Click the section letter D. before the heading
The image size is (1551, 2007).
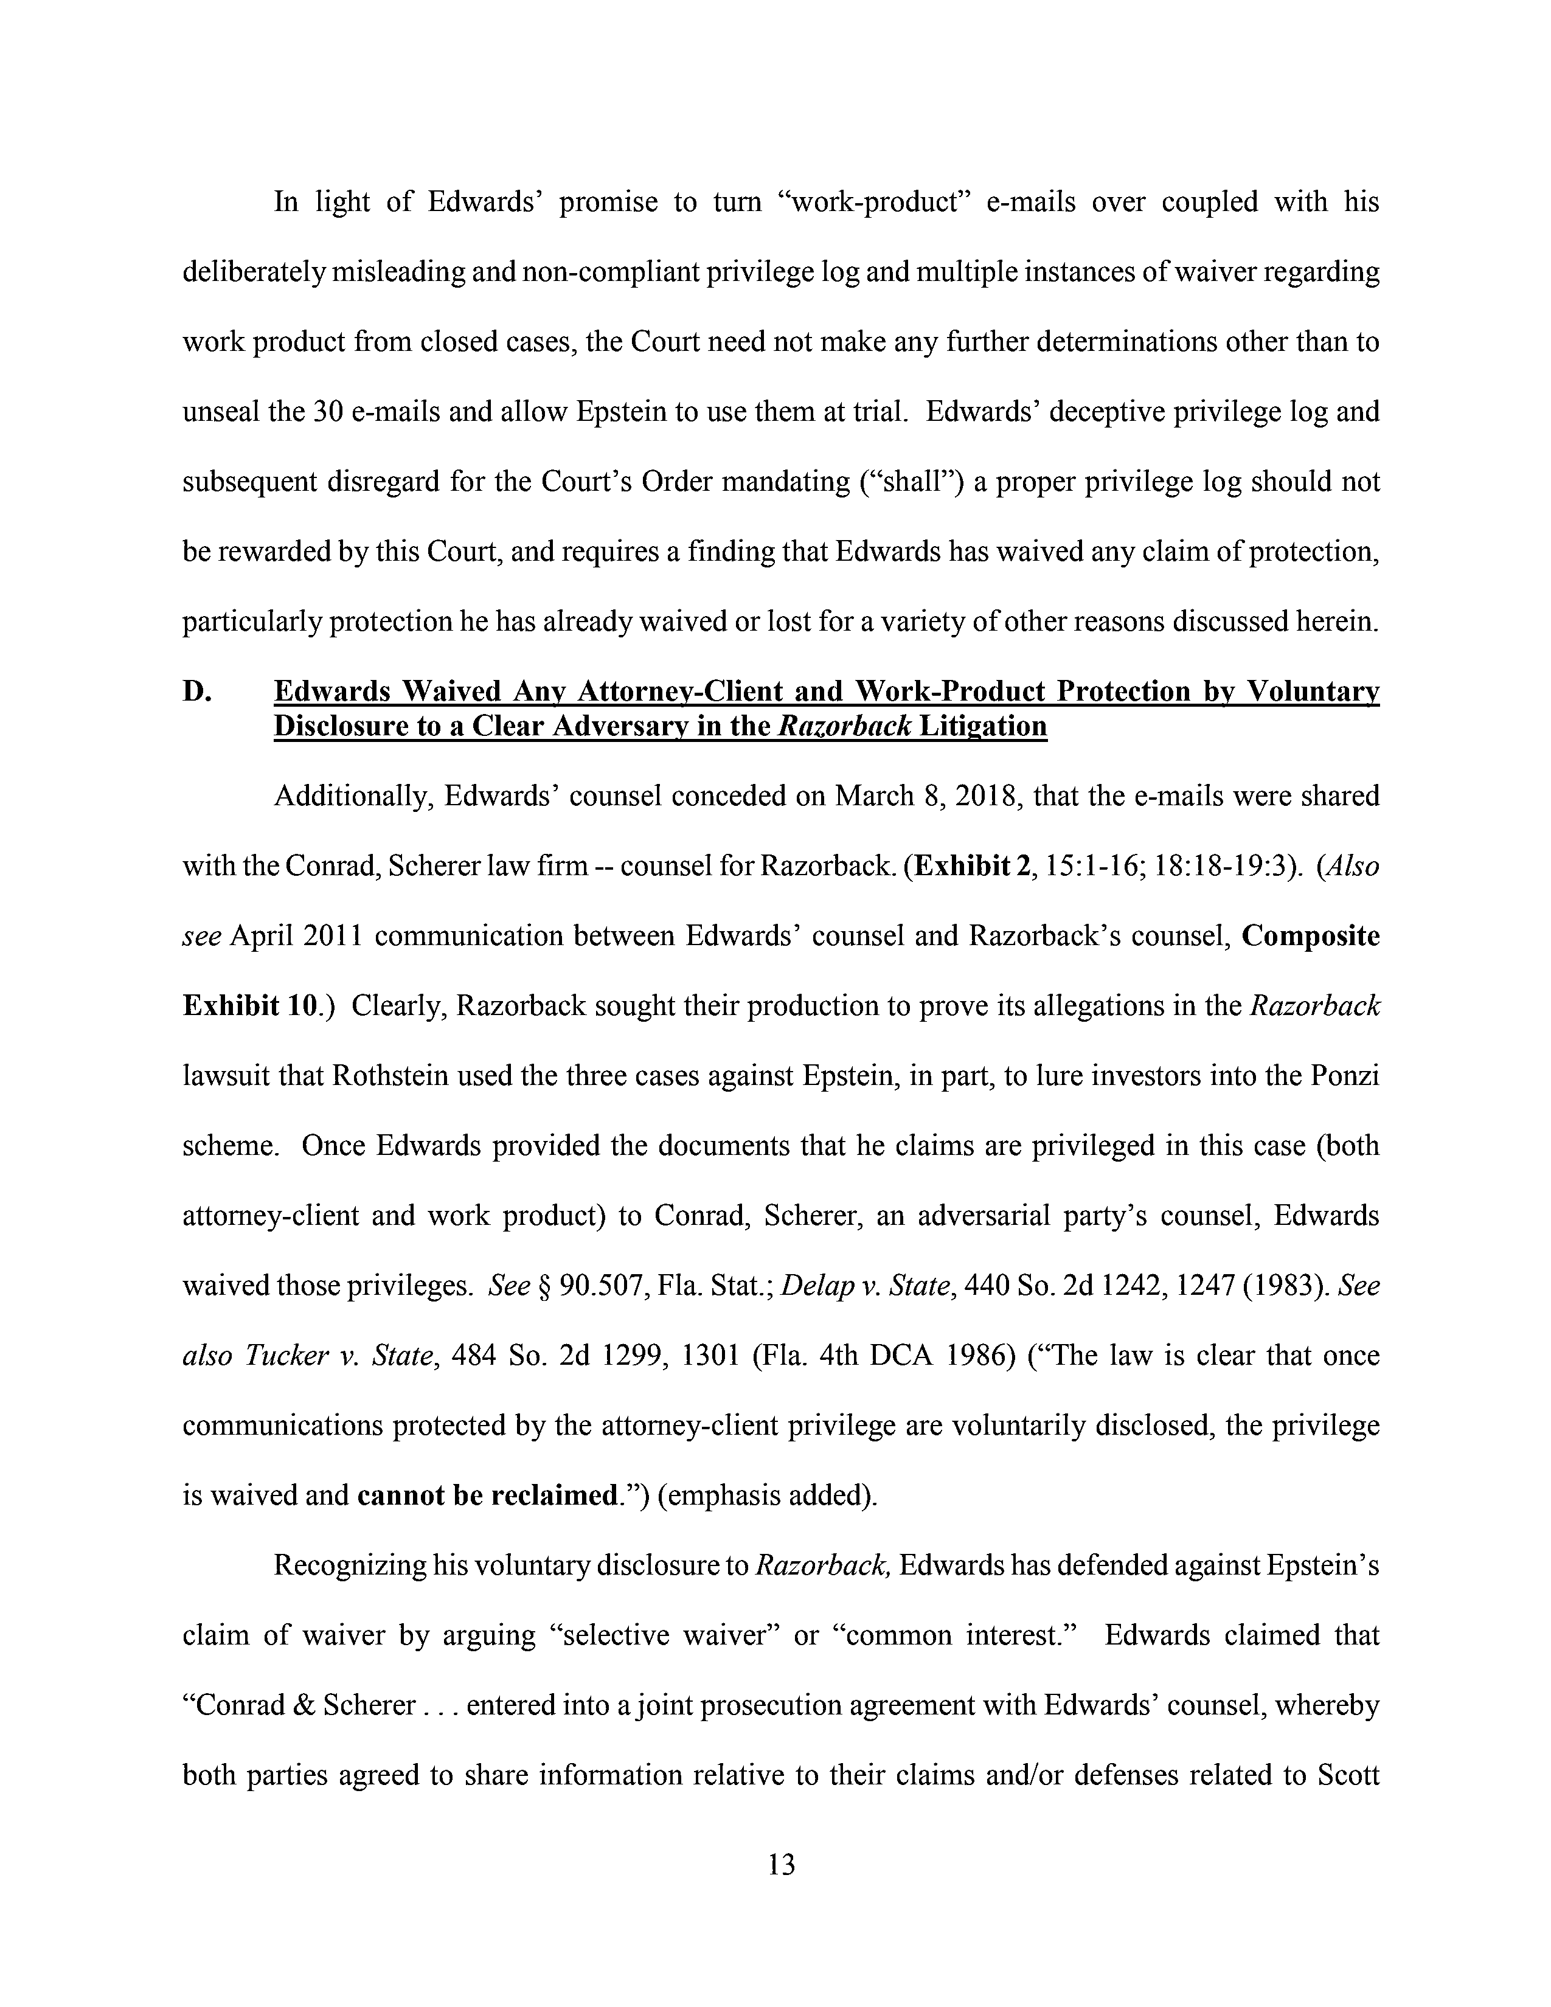[x=198, y=691]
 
